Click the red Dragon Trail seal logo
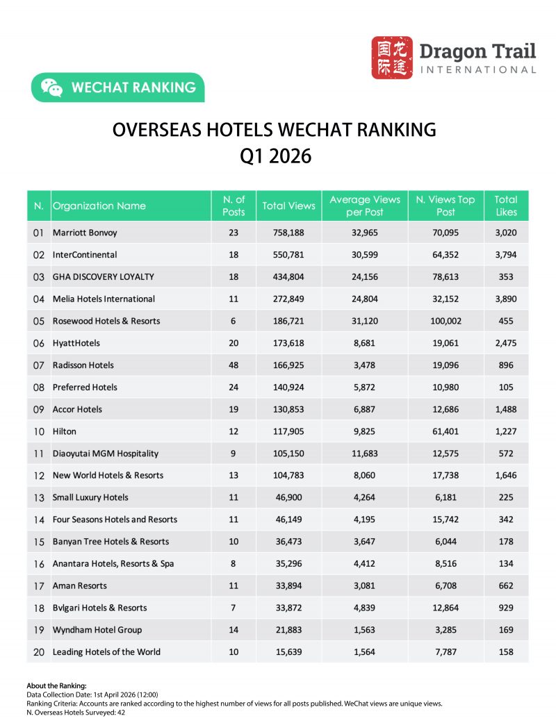click(x=392, y=58)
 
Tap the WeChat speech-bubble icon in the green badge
click(x=51, y=88)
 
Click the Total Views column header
click(x=288, y=206)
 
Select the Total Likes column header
click(x=506, y=206)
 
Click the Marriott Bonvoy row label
click(x=85, y=233)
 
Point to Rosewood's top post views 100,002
click(x=445, y=321)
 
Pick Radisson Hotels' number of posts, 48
click(x=234, y=365)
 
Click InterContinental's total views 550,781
click(x=288, y=255)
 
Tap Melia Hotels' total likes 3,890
click(x=506, y=299)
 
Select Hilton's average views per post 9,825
click(x=365, y=431)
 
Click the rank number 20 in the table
click(x=39, y=652)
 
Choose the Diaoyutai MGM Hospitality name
click(x=106, y=454)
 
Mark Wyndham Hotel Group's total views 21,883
click(x=288, y=630)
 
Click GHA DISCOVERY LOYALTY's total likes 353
click(x=506, y=276)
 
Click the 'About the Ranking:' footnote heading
click(x=56, y=685)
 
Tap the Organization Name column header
click(x=99, y=206)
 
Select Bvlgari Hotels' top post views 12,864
click(x=445, y=608)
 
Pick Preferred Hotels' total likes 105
click(x=506, y=388)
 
